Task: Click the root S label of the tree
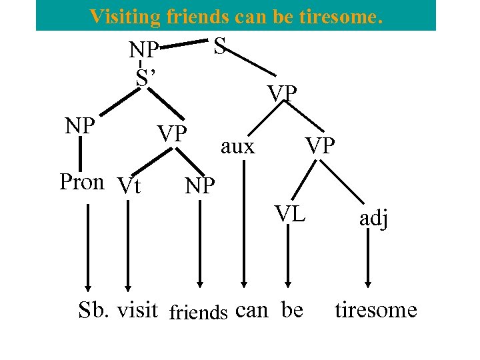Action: coord(221,46)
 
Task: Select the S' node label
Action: coord(145,77)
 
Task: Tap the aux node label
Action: coord(237,146)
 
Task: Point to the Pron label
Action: coord(81,182)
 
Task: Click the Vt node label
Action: coord(128,185)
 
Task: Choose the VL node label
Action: coord(291,214)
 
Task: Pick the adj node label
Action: coord(374,218)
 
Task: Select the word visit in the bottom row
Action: coord(137,310)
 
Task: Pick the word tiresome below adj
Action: coord(375,310)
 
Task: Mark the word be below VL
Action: coord(292,310)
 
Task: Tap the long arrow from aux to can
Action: coord(245,227)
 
